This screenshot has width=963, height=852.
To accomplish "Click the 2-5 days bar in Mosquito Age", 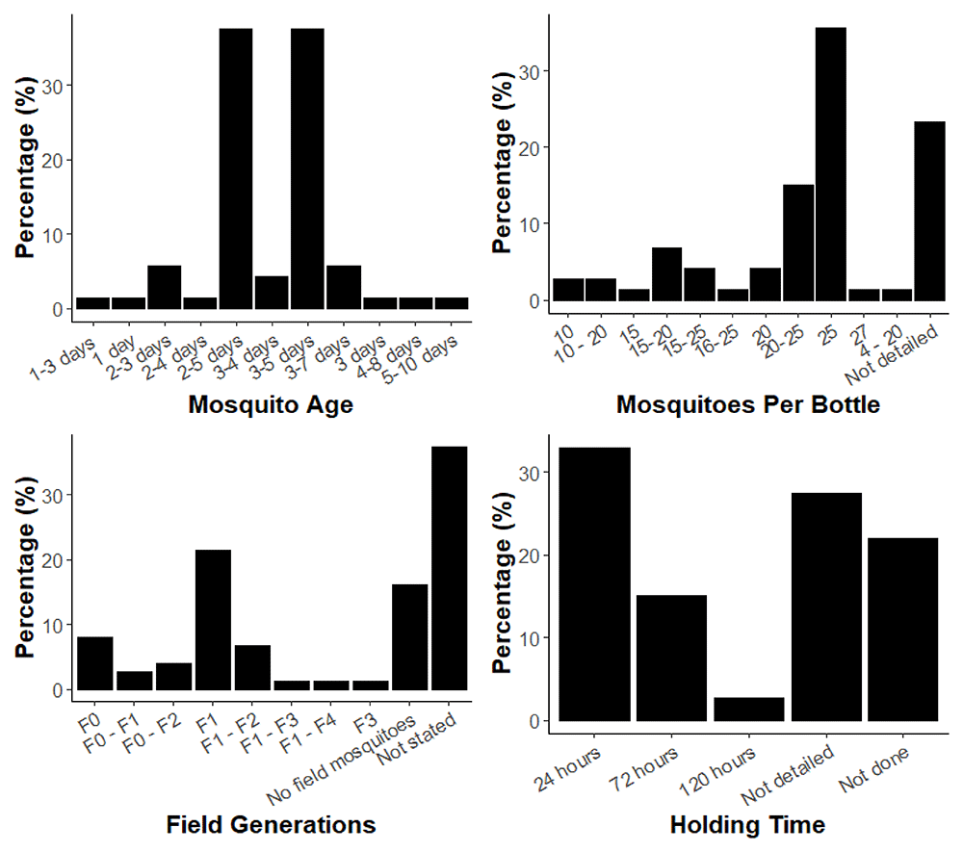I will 236,168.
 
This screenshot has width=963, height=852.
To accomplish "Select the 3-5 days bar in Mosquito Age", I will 307,168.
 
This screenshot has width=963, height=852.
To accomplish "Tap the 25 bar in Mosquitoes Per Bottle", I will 830,164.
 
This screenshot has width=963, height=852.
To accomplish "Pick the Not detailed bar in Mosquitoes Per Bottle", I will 929,211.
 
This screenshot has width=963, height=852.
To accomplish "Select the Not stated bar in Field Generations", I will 449,569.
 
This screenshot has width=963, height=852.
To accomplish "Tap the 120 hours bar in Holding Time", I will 748,709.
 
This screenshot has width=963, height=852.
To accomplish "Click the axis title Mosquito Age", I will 271,405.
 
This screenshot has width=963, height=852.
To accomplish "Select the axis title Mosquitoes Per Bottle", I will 747,405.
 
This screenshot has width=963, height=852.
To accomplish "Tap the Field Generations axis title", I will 271,825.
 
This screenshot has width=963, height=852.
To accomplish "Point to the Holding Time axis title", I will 747,825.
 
